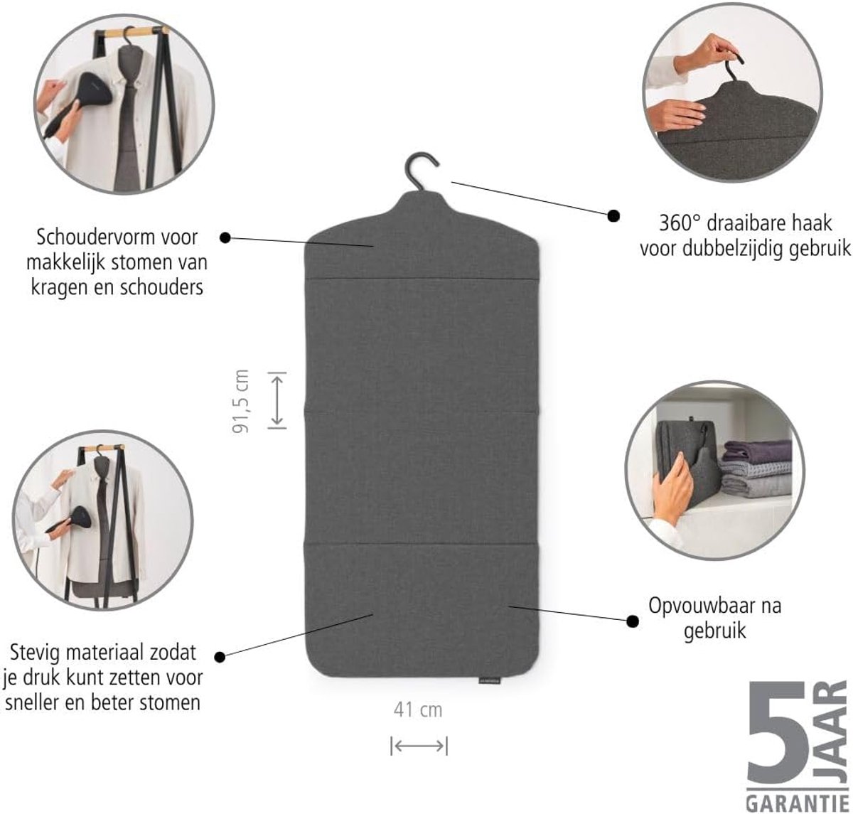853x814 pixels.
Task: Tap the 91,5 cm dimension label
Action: pyautogui.click(x=240, y=402)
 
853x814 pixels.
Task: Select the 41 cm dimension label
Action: pyautogui.click(x=418, y=710)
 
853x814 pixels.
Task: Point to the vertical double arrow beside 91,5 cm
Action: pyautogui.click(x=277, y=400)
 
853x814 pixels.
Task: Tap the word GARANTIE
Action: pyautogui.click(x=798, y=800)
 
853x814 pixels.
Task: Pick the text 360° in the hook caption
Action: pyautogui.click(x=680, y=223)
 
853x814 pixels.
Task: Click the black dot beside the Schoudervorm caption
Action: pyautogui.click(x=225, y=237)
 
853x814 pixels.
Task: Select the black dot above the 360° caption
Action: pyautogui.click(x=613, y=215)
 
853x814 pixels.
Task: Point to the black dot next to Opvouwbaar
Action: pyautogui.click(x=633, y=621)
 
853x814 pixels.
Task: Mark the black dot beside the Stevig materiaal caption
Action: pyautogui.click(x=220, y=657)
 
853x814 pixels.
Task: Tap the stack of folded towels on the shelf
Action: pyautogui.click(x=756, y=469)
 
